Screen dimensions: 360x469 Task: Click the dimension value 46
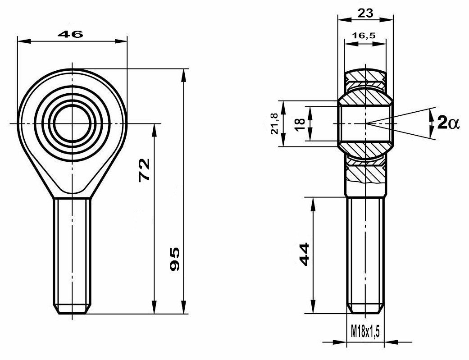point(71,35)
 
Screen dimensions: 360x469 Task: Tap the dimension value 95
point(175,259)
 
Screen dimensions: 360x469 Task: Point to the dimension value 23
point(365,13)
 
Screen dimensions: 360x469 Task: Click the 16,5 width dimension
point(365,36)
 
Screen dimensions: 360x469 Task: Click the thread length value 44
point(304,254)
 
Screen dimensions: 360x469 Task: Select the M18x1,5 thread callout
point(365,333)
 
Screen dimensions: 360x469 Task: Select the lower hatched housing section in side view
point(365,173)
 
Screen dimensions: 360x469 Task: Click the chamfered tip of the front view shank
point(73,310)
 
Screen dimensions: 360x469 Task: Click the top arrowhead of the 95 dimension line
point(183,74)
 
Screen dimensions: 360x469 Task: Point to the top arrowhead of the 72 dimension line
point(155,129)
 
